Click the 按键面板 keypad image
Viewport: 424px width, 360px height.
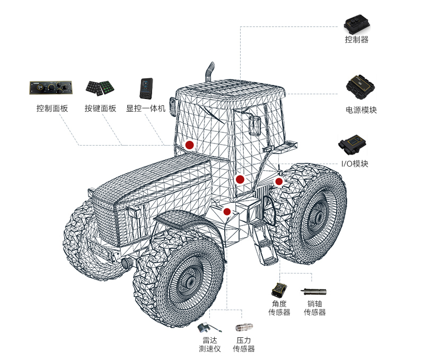click(101, 87)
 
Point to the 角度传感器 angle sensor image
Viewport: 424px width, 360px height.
click(279, 290)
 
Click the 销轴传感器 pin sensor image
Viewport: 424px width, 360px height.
click(314, 291)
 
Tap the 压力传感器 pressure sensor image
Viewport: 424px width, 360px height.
click(244, 329)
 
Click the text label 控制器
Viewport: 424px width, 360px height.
click(357, 40)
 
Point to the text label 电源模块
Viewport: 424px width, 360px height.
click(361, 110)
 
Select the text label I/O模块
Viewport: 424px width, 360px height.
click(353, 164)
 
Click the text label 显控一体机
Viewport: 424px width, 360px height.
click(146, 109)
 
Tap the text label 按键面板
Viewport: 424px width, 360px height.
click(100, 109)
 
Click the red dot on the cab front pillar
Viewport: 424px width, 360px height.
click(189, 145)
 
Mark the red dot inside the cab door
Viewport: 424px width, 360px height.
click(240, 179)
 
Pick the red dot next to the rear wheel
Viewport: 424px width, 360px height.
click(279, 182)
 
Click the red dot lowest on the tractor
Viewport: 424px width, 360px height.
click(227, 212)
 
